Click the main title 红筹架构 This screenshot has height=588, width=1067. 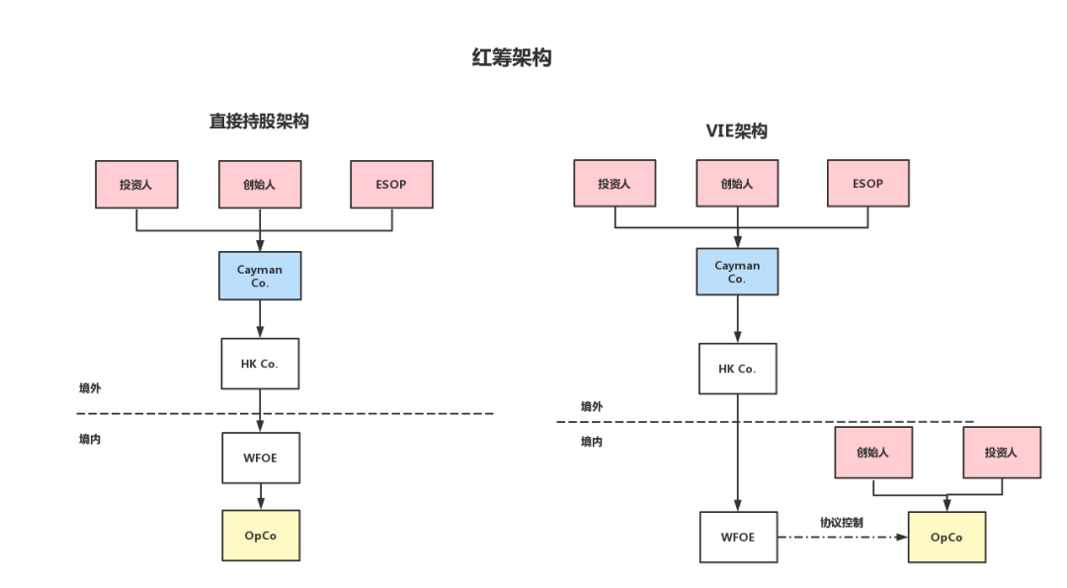[512, 57]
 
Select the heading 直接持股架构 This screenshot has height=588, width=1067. [259, 122]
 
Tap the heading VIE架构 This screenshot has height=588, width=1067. [736, 130]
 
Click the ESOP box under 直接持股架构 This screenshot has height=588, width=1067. [391, 185]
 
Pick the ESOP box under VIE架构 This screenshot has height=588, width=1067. [867, 183]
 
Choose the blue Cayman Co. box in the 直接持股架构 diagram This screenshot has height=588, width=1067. [260, 276]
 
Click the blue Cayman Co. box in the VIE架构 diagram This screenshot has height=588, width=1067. [737, 272]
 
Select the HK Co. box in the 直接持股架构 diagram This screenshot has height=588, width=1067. [260, 364]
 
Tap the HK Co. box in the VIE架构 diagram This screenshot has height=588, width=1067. [738, 369]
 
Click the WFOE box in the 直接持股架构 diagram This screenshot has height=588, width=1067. [261, 458]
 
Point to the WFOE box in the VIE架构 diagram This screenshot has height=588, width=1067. [738, 537]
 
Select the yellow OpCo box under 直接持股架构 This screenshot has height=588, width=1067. [261, 536]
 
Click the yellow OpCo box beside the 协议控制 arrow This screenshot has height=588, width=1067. [946, 537]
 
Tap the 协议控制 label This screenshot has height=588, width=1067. [841, 522]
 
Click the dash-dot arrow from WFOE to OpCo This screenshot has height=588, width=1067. [843, 537]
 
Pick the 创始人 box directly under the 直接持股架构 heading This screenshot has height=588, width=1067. [260, 185]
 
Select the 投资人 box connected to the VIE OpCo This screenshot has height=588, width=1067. [1002, 453]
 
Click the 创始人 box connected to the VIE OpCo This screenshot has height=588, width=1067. [873, 453]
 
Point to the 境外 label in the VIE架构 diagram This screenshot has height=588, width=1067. [592, 406]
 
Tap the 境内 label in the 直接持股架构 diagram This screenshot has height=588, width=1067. [90, 439]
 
